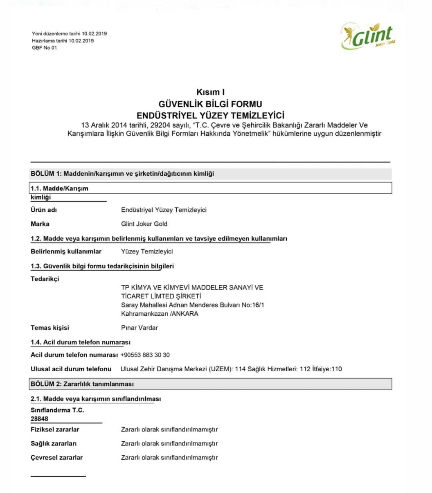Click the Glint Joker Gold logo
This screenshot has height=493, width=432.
[368, 36]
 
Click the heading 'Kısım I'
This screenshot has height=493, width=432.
[210, 92]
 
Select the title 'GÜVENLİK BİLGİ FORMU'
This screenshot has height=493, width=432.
[210, 104]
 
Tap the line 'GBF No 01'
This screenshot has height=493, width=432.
[45, 48]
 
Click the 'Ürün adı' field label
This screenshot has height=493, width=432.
[44, 210]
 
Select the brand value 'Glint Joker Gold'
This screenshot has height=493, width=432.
[144, 224]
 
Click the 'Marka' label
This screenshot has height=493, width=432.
[40, 224]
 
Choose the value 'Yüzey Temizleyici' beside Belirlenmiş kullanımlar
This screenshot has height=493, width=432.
[147, 252]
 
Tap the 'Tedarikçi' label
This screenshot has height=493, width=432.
[45, 279]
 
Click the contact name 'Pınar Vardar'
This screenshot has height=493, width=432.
[139, 328]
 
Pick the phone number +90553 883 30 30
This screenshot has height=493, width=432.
[145, 355]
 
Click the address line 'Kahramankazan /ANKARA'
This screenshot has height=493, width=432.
[159, 314]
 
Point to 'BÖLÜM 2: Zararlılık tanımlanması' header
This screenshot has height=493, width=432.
[82, 384]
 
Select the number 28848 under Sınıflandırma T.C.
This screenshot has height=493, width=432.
[39, 419]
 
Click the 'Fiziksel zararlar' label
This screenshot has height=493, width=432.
[55, 430]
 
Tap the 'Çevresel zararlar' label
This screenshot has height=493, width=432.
[57, 458]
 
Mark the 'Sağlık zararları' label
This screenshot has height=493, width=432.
[54, 444]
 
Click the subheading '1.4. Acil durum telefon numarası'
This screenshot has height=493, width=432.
[81, 342]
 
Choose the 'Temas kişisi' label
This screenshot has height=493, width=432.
[50, 328]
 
